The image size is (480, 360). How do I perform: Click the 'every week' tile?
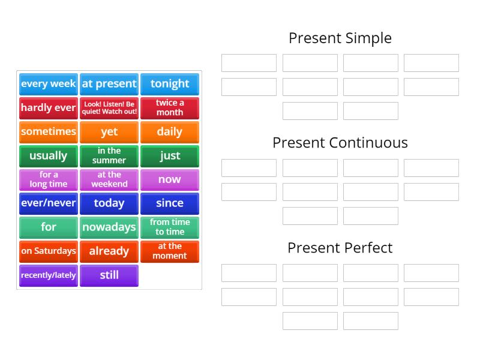pyautogui.click(x=49, y=84)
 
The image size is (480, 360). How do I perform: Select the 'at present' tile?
pyautogui.click(x=109, y=84)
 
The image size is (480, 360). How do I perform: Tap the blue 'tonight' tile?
pyautogui.click(x=170, y=84)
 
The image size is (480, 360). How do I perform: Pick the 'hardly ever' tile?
pyautogui.click(x=49, y=108)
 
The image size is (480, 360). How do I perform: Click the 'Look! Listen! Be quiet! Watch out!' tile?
pyautogui.click(x=109, y=108)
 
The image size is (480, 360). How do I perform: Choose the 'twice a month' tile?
pyautogui.click(x=170, y=108)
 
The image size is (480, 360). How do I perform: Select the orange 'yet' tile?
pyautogui.click(x=109, y=132)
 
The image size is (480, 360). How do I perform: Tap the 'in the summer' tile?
pyautogui.click(x=109, y=156)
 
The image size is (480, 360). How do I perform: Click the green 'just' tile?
pyautogui.click(x=170, y=156)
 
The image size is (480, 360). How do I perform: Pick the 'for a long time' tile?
pyautogui.click(x=49, y=179)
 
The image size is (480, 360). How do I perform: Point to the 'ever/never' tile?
pyautogui.click(x=49, y=203)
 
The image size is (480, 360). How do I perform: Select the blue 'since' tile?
pyautogui.click(x=170, y=203)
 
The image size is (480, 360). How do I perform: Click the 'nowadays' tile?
pyautogui.click(x=109, y=227)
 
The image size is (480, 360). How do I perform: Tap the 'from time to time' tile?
pyautogui.click(x=170, y=227)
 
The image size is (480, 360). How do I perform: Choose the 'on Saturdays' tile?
pyautogui.click(x=49, y=251)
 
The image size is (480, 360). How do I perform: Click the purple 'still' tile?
pyautogui.click(x=109, y=275)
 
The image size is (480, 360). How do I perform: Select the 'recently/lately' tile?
pyautogui.click(x=49, y=275)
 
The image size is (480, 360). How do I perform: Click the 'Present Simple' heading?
pyautogui.click(x=340, y=38)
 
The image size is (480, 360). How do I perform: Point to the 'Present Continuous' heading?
pyautogui.click(x=340, y=143)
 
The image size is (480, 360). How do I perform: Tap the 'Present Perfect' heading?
pyautogui.click(x=340, y=248)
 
